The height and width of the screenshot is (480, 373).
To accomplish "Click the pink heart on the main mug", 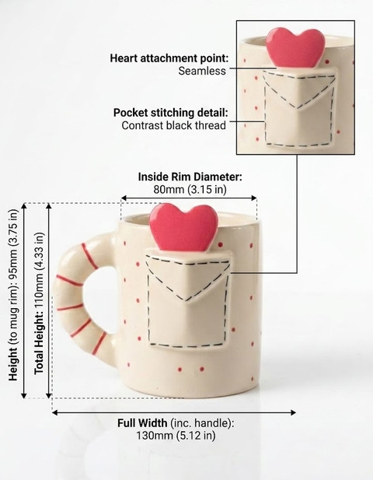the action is pos(183,227).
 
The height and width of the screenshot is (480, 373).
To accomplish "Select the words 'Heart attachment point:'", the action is pos(169,58).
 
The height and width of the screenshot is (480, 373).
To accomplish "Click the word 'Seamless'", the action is pos(202,71).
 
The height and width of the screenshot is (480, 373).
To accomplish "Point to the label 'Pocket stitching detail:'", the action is pos(171,113).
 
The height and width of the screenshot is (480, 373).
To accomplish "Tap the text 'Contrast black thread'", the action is pos(173,125).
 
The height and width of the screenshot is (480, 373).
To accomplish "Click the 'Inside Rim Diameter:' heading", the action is pos(190,177).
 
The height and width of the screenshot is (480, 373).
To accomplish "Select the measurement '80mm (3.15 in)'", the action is pos(190,190).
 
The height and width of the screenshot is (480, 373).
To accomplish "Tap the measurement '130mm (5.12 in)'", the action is pos(176,436).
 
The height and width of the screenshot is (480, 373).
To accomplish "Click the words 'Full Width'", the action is pos(142,423).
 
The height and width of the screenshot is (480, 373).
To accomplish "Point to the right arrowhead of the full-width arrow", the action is pos(293,412).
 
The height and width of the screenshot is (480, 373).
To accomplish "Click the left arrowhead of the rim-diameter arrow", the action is pos(124,198).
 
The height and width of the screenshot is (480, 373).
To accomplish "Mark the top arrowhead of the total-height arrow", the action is pos(48,206).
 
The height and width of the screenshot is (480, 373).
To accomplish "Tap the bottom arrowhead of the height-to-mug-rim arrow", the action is pos(23,395).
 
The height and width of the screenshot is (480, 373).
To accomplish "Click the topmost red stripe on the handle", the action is pos(89,256).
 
